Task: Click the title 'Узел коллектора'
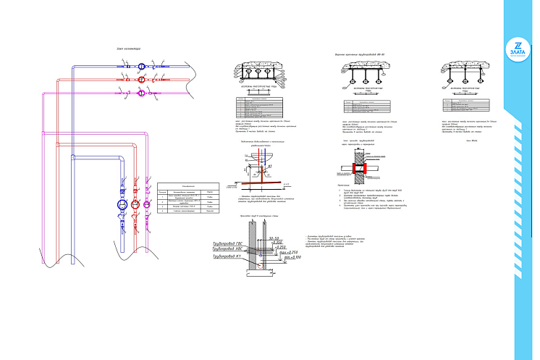129,49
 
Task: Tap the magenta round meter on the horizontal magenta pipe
139,92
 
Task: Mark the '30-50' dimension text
272,238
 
